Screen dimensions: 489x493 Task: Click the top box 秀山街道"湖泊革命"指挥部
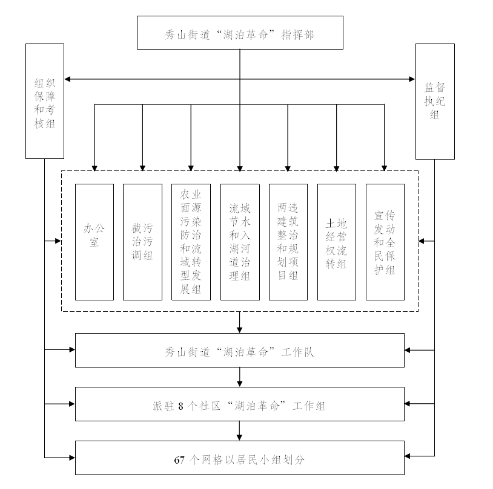[x=239, y=33]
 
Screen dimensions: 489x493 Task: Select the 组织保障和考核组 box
[x=44, y=101]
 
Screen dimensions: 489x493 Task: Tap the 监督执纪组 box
[x=434, y=101]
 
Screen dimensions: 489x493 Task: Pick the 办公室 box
[x=94, y=242]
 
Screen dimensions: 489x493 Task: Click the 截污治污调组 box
[x=142, y=242]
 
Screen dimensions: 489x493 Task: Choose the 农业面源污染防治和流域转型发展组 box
[x=191, y=242]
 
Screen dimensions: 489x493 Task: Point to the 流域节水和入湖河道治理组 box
[x=239, y=242]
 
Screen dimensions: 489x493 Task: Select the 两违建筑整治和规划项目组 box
[x=288, y=242]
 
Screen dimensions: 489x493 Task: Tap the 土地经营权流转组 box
[x=336, y=242]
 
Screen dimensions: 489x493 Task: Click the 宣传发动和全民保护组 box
[x=385, y=242]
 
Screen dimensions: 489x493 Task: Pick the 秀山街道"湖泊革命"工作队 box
[x=239, y=350]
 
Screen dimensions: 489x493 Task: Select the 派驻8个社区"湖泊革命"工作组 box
[x=239, y=404]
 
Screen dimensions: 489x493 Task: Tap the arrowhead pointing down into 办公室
[x=94, y=167]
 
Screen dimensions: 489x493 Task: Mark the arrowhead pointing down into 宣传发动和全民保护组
[x=385, y=167]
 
